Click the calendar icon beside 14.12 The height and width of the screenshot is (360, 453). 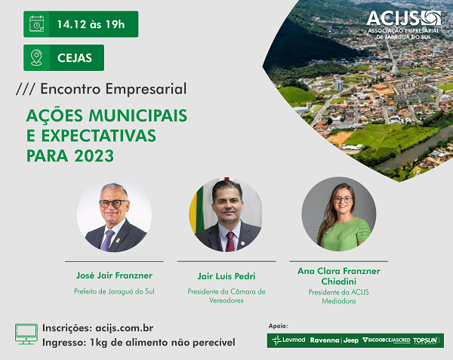[37, 24]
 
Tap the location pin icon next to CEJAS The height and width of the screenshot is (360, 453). [36, 58]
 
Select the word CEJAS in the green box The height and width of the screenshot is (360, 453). [75, 58]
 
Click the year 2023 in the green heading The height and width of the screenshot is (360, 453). [94, 156]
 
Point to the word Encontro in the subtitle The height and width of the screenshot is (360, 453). [71, 89]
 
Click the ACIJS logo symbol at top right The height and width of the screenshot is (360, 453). [431, 18]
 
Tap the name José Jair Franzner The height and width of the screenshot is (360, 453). [114, 275]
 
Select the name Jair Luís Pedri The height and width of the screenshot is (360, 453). [226, 276]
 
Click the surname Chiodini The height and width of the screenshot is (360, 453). [339, 282]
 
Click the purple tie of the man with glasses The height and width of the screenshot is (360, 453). [107, 240]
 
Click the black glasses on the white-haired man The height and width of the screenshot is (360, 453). [113, 204]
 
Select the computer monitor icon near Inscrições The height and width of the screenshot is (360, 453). [26, 334]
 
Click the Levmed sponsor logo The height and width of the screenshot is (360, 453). [288, 340]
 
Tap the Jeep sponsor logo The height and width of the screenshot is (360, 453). [351, 340]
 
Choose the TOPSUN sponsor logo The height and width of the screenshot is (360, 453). [426, 340]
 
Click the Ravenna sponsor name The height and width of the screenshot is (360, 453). [325, 340]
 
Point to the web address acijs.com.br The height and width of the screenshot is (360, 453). [125, 328]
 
